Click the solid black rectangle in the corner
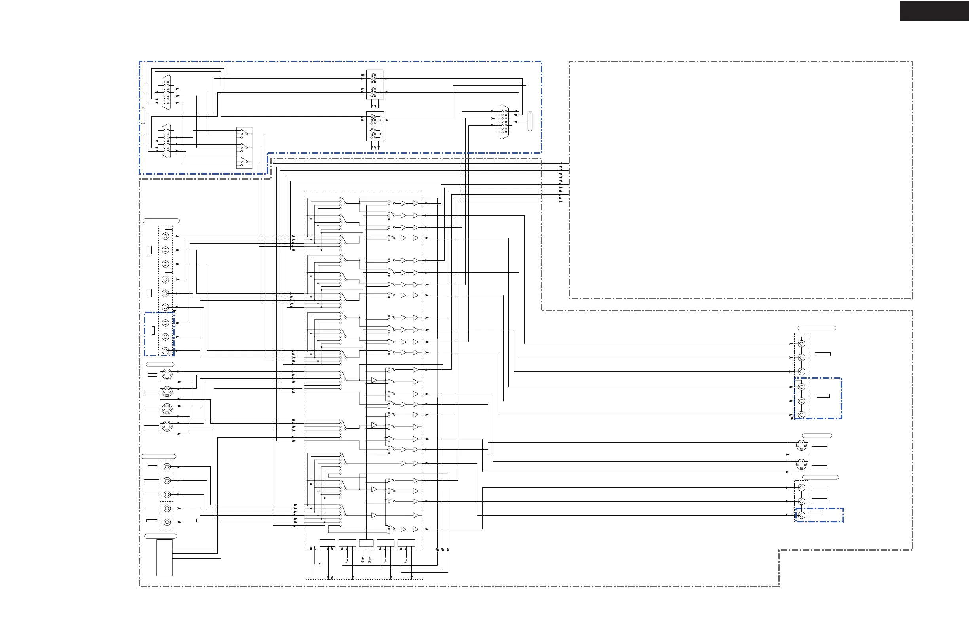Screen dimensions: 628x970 [934, 11]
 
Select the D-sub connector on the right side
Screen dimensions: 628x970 [504, 122]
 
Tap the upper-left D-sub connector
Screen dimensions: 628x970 [166, 92]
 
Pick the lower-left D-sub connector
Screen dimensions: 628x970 [166, 141]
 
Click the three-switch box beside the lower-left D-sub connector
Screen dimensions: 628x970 [244, 148]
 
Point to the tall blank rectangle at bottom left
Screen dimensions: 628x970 [164, 558]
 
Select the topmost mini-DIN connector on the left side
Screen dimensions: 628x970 [167, 374]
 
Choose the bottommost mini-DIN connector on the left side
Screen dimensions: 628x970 [167, 426]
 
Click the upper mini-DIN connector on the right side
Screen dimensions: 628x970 [801, 445]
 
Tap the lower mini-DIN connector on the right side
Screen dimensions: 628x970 [801, 464]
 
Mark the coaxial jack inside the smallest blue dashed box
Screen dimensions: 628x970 [801, 515]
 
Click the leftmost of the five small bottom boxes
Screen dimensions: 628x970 [327, 543]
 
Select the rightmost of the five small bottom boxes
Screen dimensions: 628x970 [406, 543]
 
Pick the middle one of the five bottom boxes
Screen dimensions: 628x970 [366, 543]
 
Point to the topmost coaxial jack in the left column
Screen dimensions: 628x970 [165, 236]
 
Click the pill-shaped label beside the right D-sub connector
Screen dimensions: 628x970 [530, 121]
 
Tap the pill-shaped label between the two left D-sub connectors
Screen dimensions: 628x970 [143, 115]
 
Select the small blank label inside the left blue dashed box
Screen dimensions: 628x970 [153, 331]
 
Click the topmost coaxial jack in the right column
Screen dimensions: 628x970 [801, 344]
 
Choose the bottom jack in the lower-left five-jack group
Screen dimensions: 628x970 [167, 522]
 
